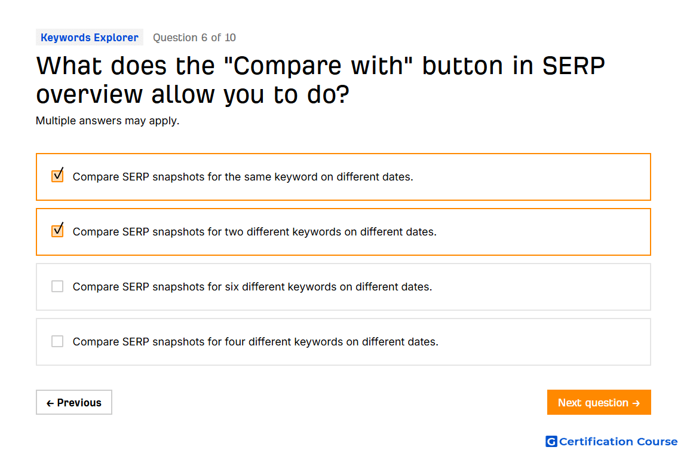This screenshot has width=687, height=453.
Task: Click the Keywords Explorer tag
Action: click(90, 38)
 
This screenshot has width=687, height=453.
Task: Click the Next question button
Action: click(599, 402)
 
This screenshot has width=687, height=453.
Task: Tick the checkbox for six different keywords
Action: click(57, 286)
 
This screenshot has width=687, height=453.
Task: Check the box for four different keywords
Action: click(57, 341)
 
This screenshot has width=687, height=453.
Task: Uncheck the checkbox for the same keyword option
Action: click(57, 176)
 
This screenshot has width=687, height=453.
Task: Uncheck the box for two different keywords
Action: click(57, 231)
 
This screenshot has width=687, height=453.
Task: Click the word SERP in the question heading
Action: click(573, 66)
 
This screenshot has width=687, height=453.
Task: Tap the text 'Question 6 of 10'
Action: click(194, 38)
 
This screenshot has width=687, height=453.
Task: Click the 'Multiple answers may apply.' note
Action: click(108, 121)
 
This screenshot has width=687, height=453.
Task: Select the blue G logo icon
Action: click(551, 441)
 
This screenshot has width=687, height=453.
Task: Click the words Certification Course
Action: click(618, 441)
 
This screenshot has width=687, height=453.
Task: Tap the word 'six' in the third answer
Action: click(232, 286)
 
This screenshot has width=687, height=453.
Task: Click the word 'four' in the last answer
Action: click(235, 342)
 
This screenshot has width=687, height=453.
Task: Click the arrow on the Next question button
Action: click(637, 403)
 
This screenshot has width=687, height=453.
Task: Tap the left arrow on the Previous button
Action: click(50, 403)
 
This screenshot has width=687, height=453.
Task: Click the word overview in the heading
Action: click(90, 94)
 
